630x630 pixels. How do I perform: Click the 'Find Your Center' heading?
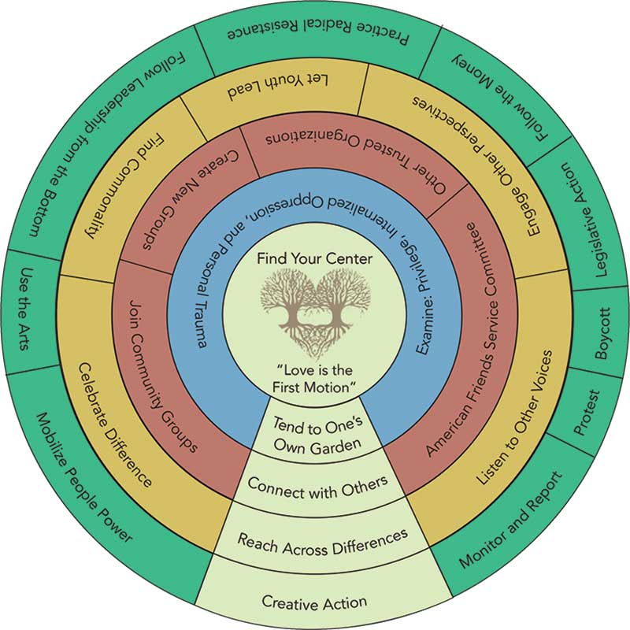314,258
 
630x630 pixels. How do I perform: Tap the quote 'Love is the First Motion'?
314,379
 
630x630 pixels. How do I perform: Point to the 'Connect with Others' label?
317,484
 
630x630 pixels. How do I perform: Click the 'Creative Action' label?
314,603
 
